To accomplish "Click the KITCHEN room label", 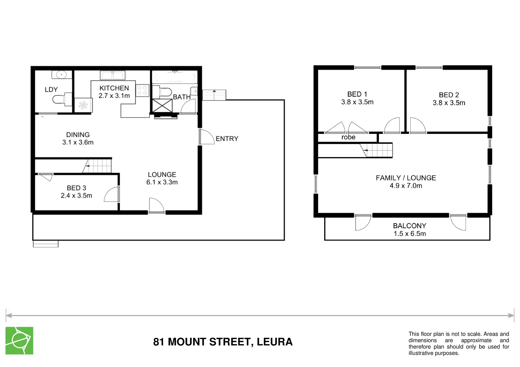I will pos(114,88).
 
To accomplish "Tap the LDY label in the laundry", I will pos(51,90).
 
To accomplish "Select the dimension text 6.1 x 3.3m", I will pos(162,182).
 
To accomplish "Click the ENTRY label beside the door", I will pos(227,139).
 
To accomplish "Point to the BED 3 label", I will pos(76,188).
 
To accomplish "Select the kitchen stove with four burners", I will pos(142,90).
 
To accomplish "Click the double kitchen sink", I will pos(112,75).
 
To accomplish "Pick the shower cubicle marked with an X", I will pos(162,105).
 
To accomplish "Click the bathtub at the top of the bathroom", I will pos(174,77).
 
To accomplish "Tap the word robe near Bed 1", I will pos(348,137).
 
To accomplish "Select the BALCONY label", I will pos(409,226).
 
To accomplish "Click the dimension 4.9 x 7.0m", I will pos(406,186).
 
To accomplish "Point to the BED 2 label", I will pos(448,95).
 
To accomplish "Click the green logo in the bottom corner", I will pos(19,340).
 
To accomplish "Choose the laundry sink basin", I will pos(62,74).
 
